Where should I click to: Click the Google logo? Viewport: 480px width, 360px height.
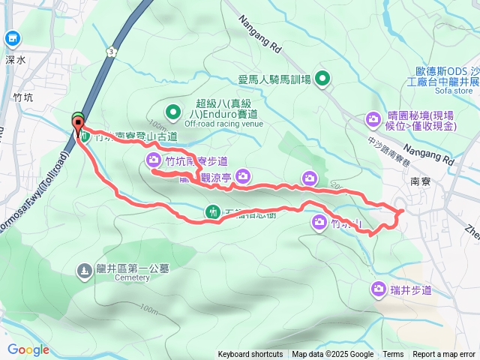point(28,349)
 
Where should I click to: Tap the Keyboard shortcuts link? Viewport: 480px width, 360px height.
point(250,355)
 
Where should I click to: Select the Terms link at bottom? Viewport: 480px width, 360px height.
point(393,355)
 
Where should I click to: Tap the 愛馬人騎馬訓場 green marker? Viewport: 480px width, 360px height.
point(322,77)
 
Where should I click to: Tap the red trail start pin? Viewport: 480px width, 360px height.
point(77,128)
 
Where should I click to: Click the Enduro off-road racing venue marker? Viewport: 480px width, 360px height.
point(173,113)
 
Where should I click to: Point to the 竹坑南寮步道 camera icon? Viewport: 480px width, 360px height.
point(153,160)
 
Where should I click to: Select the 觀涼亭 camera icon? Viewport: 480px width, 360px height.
point(242,176)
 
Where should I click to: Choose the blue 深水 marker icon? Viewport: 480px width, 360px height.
point(12,37)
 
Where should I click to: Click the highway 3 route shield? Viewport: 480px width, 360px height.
point(111,50)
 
